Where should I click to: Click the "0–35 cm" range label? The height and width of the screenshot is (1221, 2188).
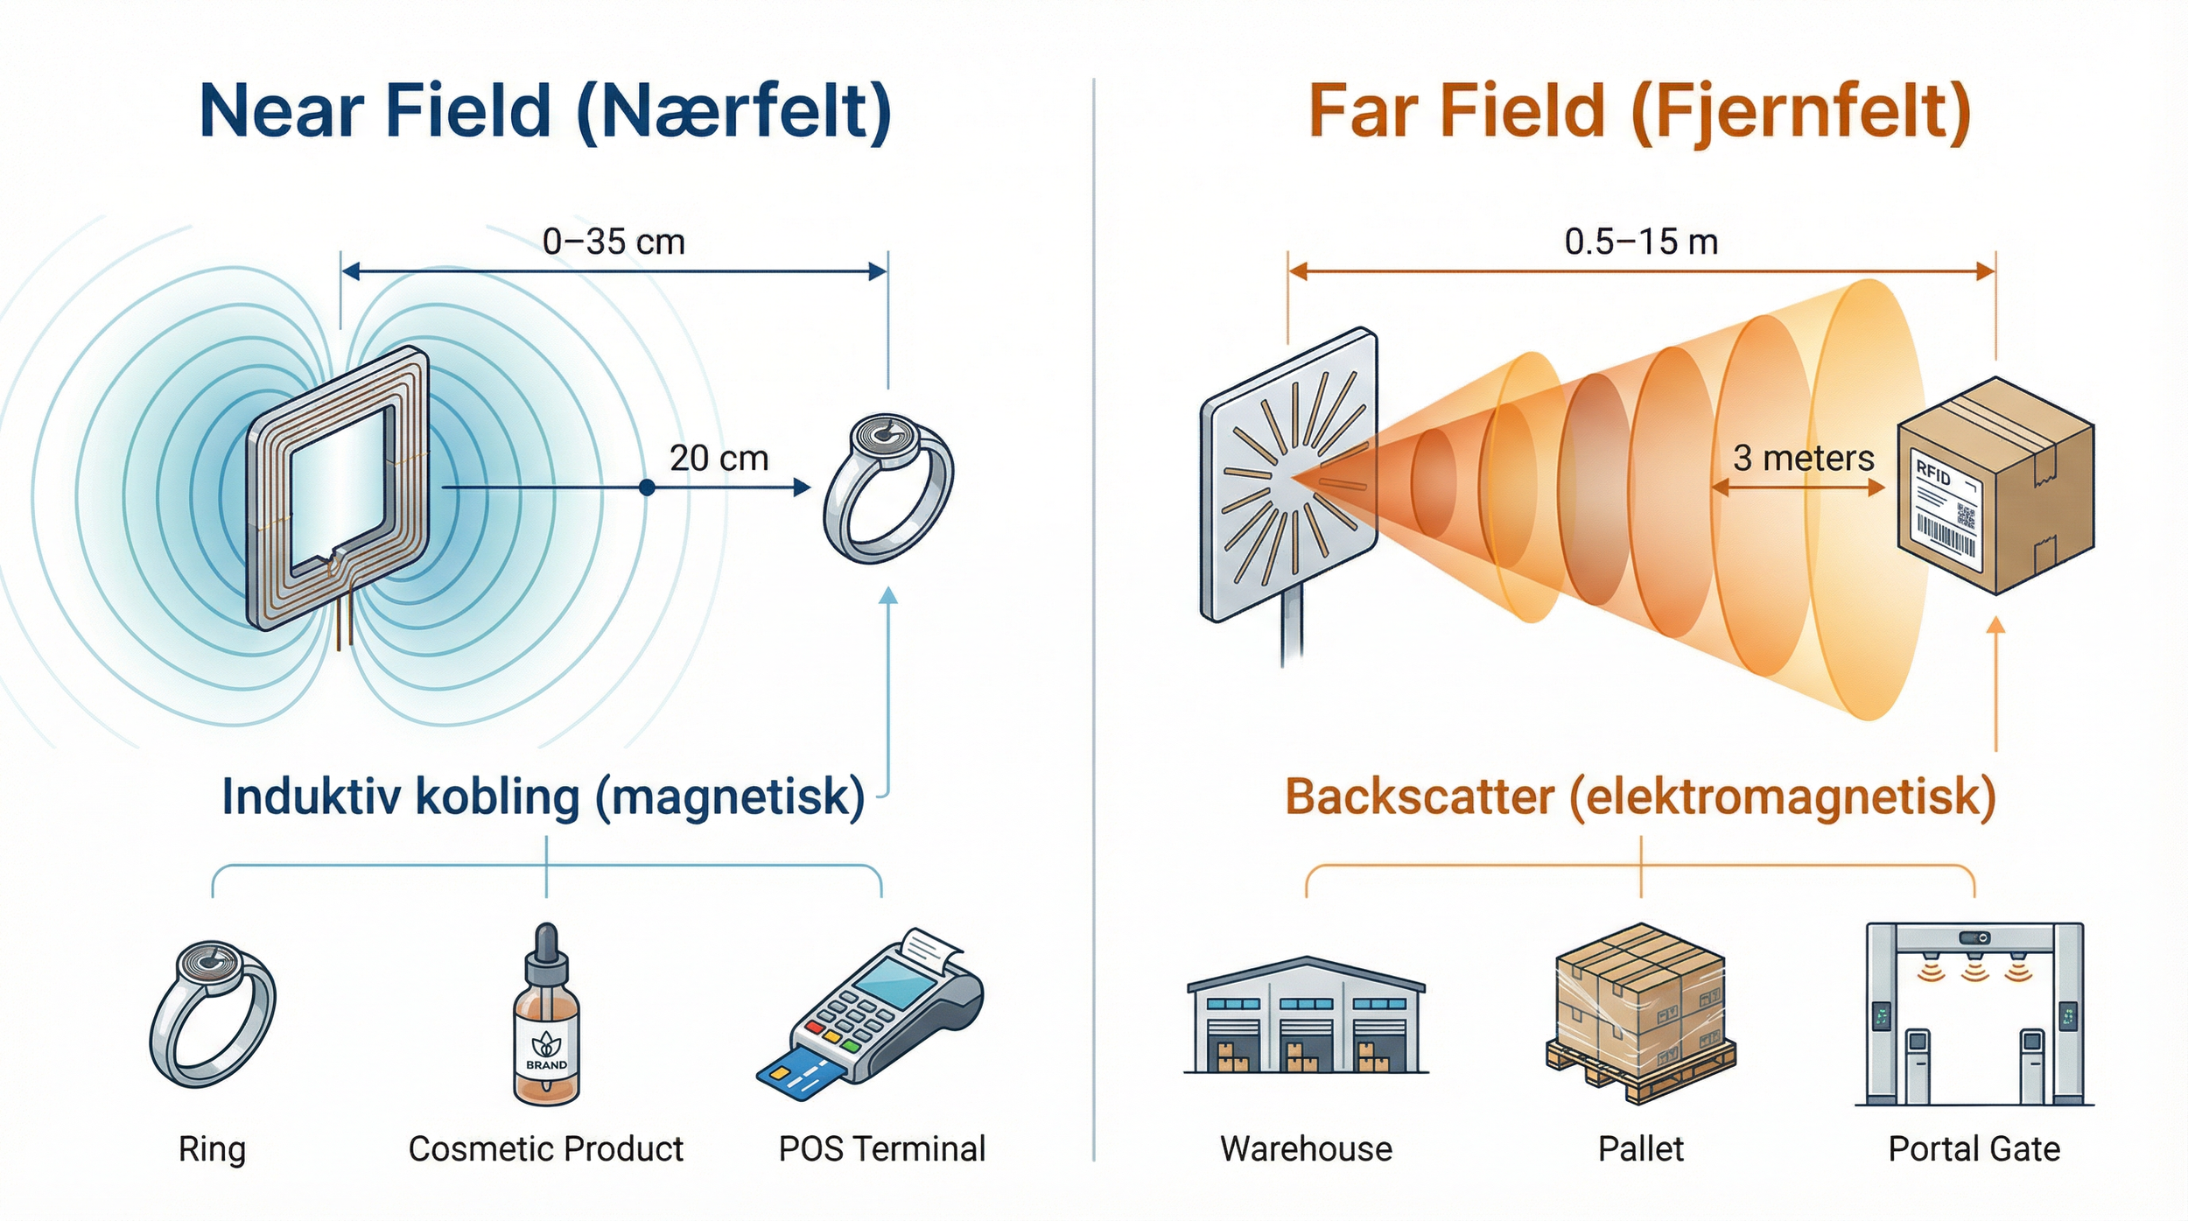click(614, 242)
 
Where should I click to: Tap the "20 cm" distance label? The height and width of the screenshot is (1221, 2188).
click(719, 458)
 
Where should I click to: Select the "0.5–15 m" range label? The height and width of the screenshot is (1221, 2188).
click(1641, 242)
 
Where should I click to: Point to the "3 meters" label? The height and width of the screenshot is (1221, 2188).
click(1803, 458)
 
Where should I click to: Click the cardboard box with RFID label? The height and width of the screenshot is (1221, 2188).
click(1995, 486)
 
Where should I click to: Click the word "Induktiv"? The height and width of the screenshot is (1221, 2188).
click(312, 796)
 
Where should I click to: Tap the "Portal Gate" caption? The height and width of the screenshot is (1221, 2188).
click(1974, 1148)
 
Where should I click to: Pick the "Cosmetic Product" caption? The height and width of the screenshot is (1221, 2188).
click(546, 1148)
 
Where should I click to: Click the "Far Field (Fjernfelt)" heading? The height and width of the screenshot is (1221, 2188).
click(1639, 111)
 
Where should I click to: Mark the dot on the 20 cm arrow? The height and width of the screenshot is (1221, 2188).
click(647, 488)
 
